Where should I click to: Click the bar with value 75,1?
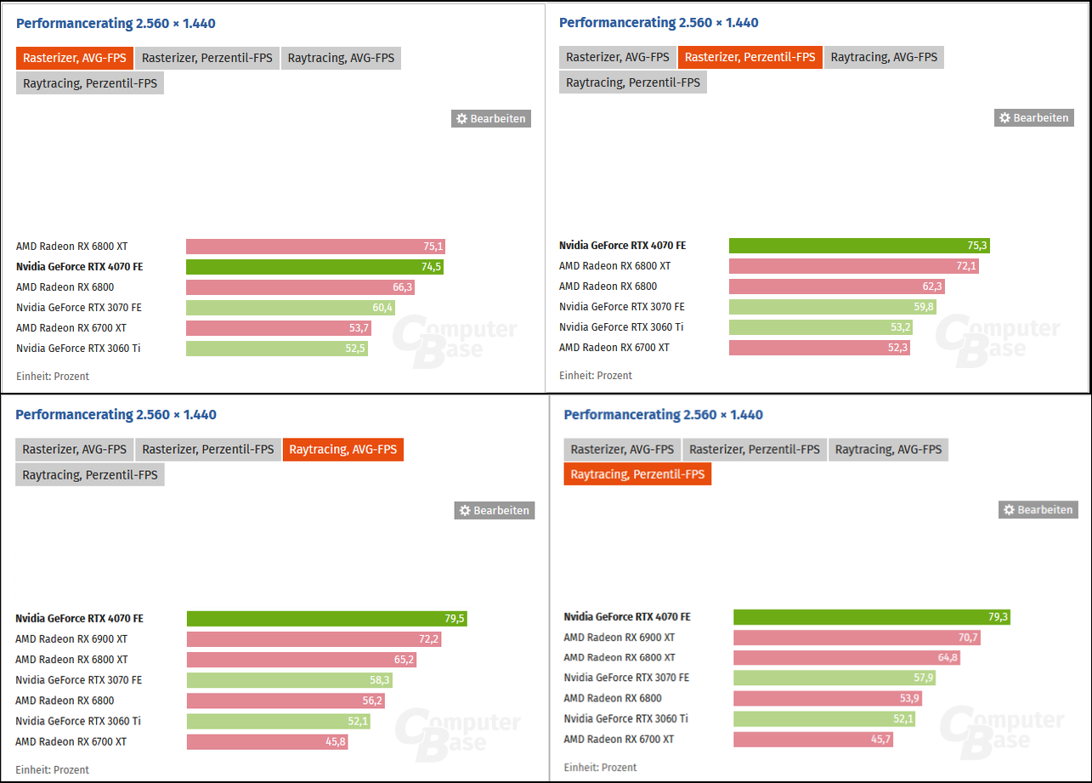pos(315,247)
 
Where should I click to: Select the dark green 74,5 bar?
pos(314,267)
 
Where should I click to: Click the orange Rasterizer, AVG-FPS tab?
pos(75,58)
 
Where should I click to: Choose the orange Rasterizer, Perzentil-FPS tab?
pos(750,57)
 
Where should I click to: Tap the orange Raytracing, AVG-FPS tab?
pos(343,450)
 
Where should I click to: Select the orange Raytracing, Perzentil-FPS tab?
pos(637,474)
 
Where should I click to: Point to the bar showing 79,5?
pos(326,619)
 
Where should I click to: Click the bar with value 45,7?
pos(813,740)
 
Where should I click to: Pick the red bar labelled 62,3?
pos(836,287)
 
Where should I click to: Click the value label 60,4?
pos(383,308)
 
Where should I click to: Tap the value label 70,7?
pos(968,638)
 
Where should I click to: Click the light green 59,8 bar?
pos(832,307)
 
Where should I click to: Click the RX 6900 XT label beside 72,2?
pos(71,639)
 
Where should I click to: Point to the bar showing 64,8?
pos(846,658)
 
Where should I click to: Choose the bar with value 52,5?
pos(277,349)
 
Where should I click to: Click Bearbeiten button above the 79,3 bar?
pos(1038,509)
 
